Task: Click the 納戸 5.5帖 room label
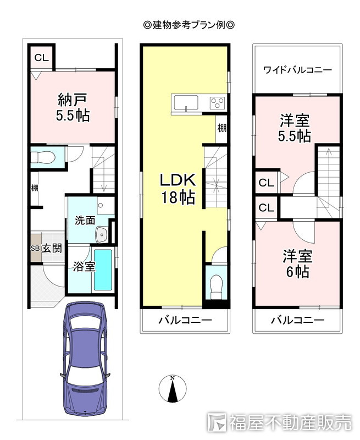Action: (73, 107)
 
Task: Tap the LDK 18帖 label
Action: (178, 188)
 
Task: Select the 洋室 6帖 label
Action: (297, 263)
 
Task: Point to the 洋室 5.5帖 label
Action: (295, 128)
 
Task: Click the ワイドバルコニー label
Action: (297, 70)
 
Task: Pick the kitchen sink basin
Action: (186, 103)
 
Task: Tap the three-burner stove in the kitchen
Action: (218, 103)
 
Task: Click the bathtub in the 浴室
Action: (103, 270)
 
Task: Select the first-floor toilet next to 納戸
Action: (43, 157)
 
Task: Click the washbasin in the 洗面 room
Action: (102, 234)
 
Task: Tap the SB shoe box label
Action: (35, 249)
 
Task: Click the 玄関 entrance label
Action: (52, 248)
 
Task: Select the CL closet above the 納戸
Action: (41, 58)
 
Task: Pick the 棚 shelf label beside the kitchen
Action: (222, 128)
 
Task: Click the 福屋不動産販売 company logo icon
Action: (217, 422)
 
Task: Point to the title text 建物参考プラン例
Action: (189, 25)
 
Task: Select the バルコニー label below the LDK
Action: (185, 320)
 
